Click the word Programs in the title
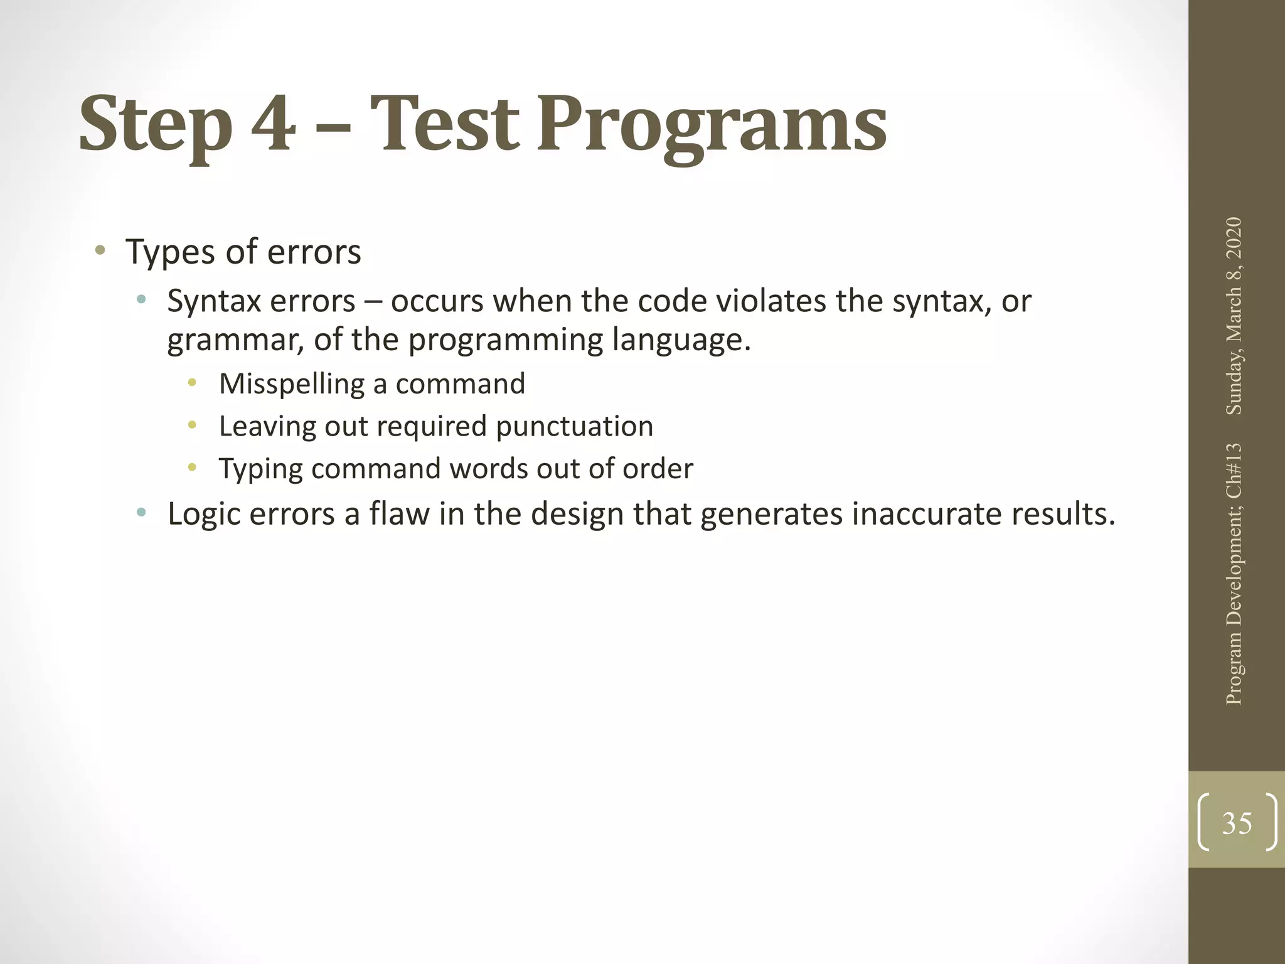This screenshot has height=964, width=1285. coord(712,126)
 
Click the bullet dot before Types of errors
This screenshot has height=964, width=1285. coord(99,251)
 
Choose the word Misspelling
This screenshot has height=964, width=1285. coord(292,384)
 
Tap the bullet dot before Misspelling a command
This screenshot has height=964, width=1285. coord(192,382)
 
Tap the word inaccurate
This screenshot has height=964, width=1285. coord(927,513)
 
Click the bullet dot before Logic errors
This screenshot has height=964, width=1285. coord(141,513)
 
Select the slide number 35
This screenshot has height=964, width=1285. coord(1237,822)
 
